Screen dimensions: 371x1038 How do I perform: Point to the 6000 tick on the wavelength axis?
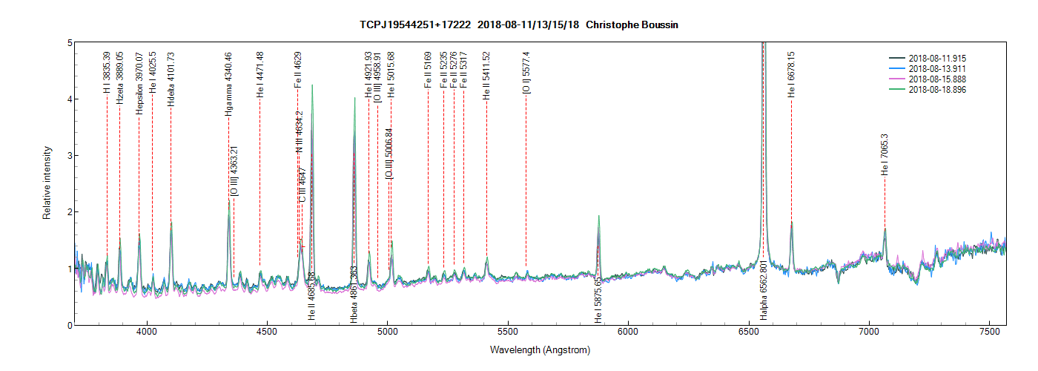point(628,325)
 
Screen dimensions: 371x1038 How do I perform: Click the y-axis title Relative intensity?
point(47,183)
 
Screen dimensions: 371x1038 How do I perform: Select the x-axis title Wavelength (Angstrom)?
point(540,349)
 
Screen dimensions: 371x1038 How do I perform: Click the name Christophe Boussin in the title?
point(632,24)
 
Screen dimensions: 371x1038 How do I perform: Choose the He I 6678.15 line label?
point(791,75)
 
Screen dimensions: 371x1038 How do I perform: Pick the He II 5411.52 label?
point(486,75)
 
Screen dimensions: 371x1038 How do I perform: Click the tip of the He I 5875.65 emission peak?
point(598,216)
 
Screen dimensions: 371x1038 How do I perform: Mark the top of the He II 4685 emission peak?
point(312,85)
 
